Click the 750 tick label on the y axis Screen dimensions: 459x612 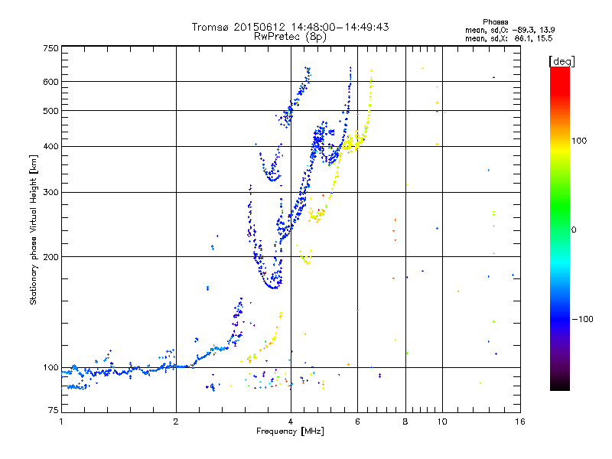pos(50,47)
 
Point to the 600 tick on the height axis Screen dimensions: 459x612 pos(50,81)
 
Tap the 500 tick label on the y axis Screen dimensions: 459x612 pos(50,110)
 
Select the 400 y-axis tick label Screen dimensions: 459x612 pos(50,146)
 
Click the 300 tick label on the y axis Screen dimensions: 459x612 pos(50,192)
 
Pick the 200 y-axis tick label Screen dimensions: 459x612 pos(50,256)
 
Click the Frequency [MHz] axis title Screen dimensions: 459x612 pos(290,432)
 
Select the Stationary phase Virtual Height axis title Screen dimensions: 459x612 pos(34,231)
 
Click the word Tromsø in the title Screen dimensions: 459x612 pos(210,27)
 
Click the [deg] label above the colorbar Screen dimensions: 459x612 pos(562,60)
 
